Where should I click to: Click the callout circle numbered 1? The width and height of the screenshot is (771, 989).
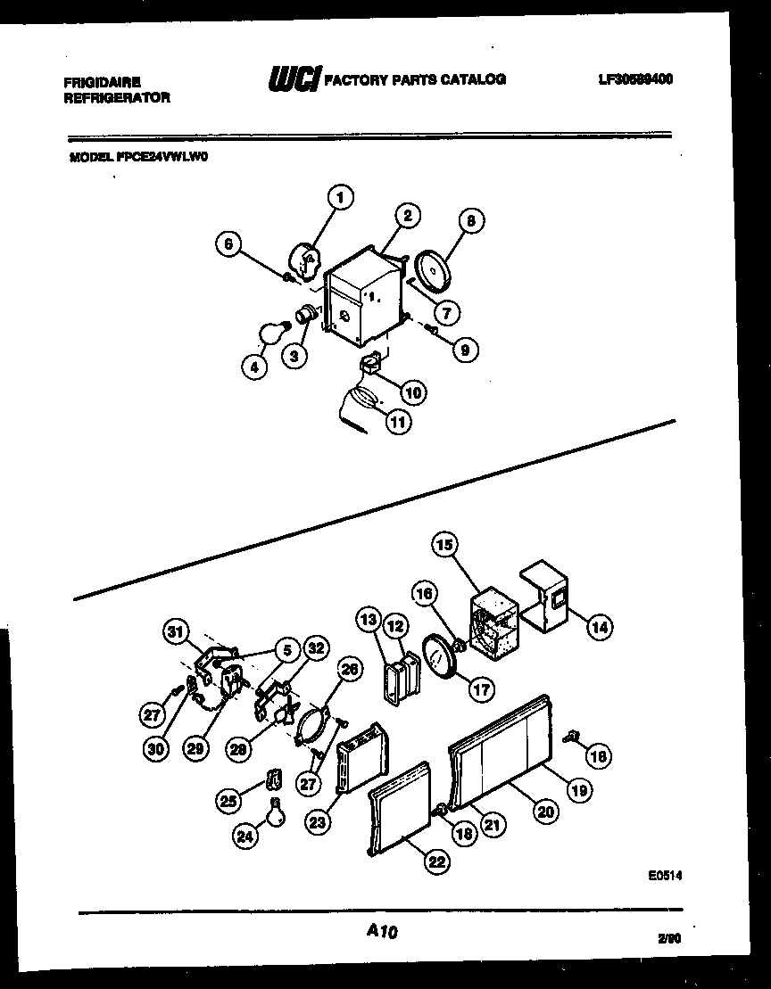[340, 197]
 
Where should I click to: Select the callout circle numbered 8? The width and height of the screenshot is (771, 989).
[470, 222]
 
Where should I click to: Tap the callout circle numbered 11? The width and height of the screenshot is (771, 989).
[398, 423]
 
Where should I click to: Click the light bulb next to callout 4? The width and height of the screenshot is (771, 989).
[272, 333]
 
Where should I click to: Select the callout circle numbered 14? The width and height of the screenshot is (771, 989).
[600, 628]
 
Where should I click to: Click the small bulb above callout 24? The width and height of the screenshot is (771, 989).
[278, 811]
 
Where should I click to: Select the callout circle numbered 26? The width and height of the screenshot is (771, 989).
[352, 668]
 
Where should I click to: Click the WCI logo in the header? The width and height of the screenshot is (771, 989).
[293, 80]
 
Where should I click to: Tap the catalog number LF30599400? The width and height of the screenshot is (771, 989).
[635, 79]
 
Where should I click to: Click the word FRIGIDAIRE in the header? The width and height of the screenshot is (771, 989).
[102, 80]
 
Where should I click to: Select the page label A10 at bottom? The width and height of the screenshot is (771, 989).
[381, 932]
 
